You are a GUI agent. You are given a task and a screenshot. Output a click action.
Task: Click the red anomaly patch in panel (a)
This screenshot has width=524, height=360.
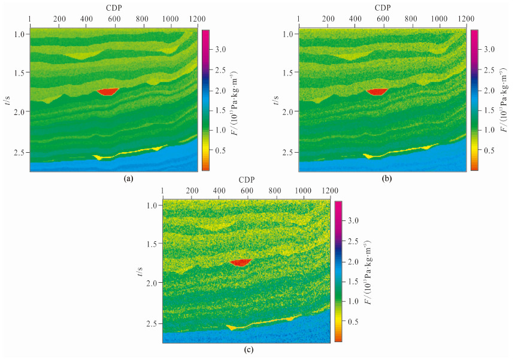click(108, 92)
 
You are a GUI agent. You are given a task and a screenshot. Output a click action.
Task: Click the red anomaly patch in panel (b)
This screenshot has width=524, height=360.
click(377, 92)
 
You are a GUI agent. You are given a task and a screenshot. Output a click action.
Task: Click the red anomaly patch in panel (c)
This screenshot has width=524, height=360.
click(241, 262)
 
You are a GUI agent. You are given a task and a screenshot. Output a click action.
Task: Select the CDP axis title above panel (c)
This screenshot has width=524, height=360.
click(246, 179)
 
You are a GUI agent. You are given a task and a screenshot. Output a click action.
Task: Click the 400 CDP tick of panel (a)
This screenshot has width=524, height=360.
click(87, 19)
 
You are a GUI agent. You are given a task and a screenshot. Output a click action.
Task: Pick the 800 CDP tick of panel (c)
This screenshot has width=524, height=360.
click(275, 190)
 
